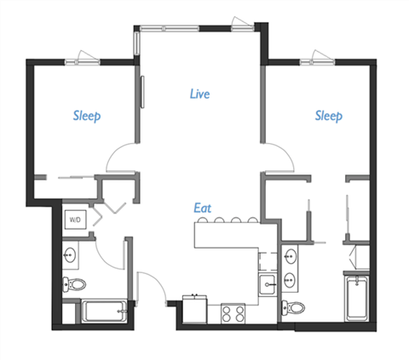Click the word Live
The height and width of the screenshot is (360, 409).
click(x=199, y=94)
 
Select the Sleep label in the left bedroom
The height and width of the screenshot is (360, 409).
click(x=87, y=116)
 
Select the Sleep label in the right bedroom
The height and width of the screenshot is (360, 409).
click(x=329, y=115)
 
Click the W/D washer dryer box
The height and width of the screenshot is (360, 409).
click(x=76, y=220)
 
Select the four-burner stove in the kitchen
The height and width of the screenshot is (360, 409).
click(x=233, y=312)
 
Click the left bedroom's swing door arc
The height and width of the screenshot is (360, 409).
click(x=120, y=159)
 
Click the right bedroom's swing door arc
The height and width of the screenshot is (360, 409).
click(x=279, y=158)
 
